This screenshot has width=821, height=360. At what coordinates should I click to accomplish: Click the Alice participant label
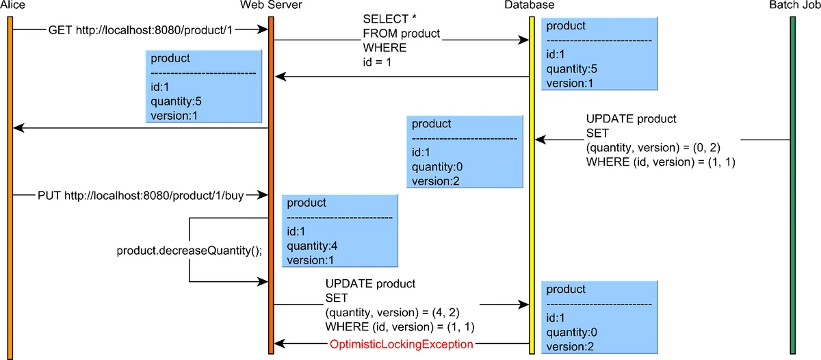point(12,5)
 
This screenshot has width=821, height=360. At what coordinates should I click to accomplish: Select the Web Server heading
point(271,5)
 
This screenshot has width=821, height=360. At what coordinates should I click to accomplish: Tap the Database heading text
point(529,5)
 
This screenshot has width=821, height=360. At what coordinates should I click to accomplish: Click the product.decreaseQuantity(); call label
point(190,250)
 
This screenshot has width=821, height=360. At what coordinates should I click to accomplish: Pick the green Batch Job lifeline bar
point(792,185)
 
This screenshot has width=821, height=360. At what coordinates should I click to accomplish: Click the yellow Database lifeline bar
point(532,185)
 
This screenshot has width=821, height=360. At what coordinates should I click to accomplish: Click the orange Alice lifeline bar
point(10,185)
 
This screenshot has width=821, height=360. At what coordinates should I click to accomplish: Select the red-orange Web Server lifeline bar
point(271,185)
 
